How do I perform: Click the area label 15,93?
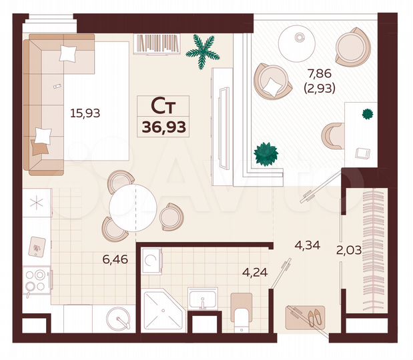coord(85,113)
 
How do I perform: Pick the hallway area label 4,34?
coord(308,245)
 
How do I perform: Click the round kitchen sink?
coord(119,319)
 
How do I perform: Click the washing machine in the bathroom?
coord(152,260)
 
